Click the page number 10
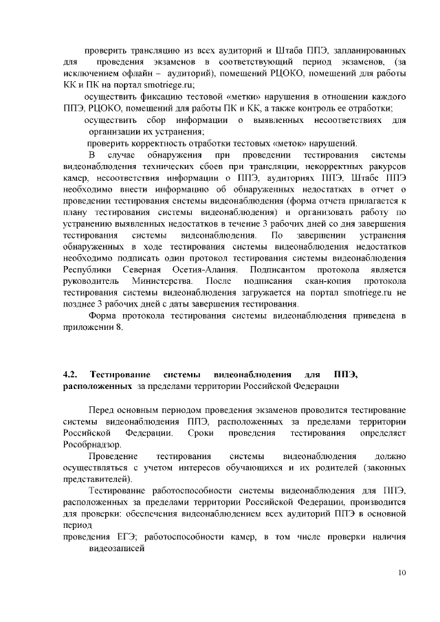click(x=403, y=573)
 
